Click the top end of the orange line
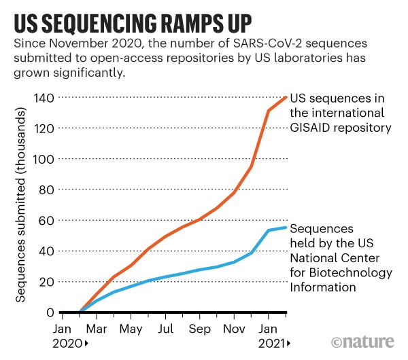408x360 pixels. (286, 96)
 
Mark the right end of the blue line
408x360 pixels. (286, 228)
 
